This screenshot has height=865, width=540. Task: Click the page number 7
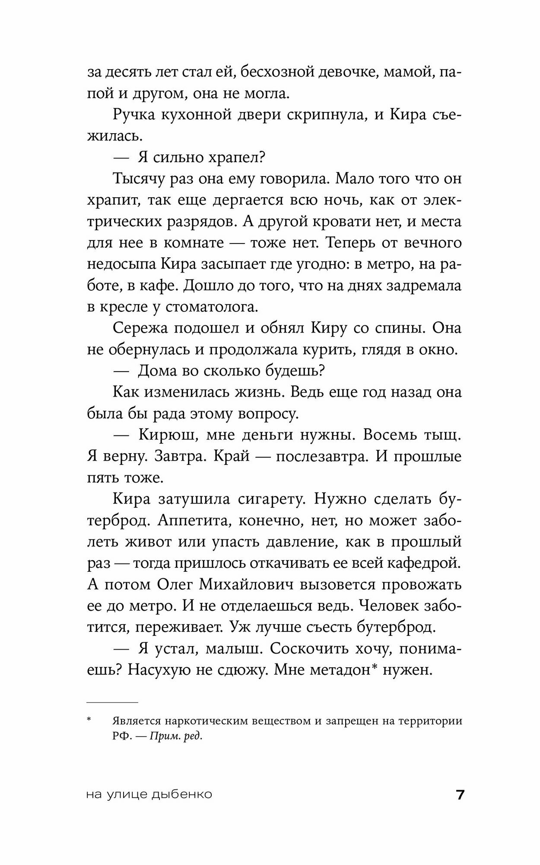click(460, 795)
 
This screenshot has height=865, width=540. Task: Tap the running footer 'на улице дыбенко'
click(149, 795)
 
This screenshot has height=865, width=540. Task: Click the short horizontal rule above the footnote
click(112, 702)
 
